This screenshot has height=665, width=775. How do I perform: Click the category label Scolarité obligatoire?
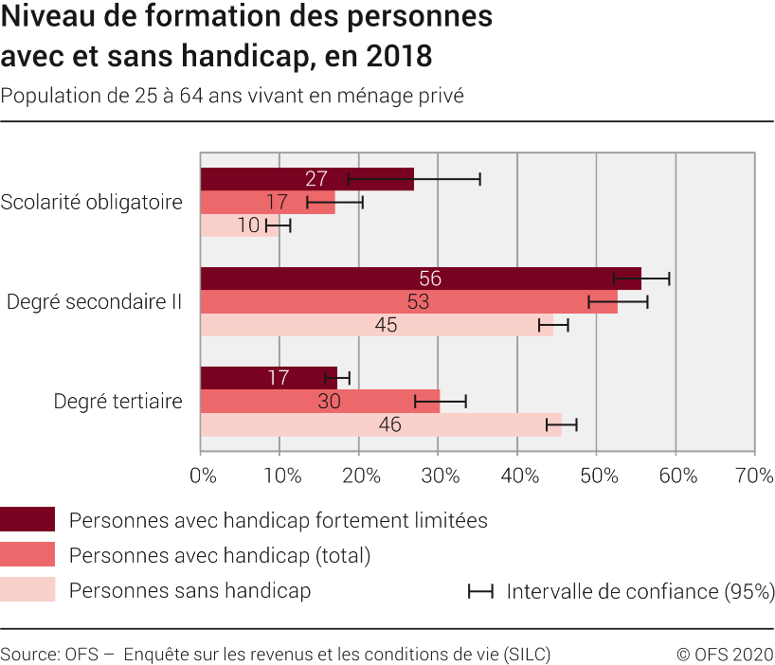pyautogui.click(x=92, y=203)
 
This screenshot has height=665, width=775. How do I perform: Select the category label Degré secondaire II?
pyautogui.click(x=95, y=302)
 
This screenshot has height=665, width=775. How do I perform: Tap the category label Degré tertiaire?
pyautogui.click(x=118, y=402)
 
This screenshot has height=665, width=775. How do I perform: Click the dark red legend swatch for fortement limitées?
pyautogui.click(x=27, y=519)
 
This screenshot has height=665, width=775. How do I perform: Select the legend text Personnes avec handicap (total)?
pyautogui.click(x=220, y=555)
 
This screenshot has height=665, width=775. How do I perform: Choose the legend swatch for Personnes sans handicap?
pyautogui.click(x=27, y=590)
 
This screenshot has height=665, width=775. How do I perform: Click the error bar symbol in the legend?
pyautogui.click(x=480, y=591)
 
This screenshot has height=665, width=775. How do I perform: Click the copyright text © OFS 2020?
pyautogui.click(x=725, y=654)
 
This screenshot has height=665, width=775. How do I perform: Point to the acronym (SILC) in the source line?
pyautogui.click(x=528, y=654)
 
